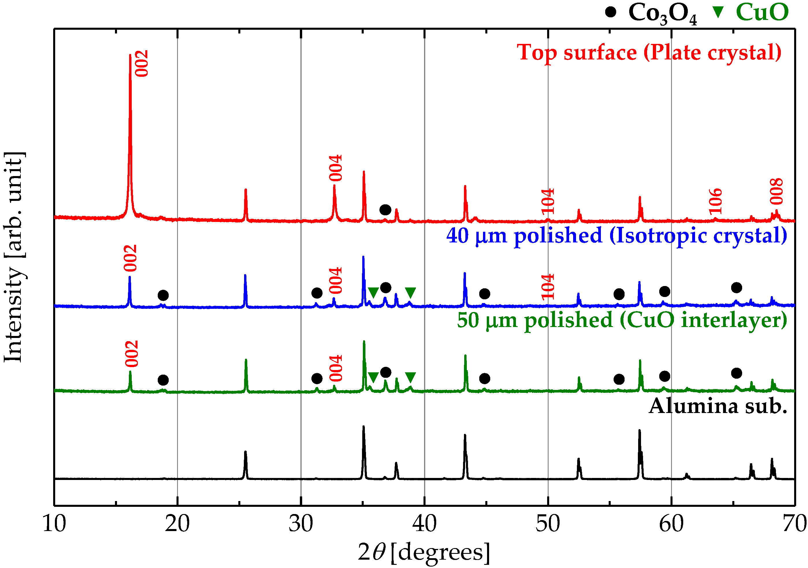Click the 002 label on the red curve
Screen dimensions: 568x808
tap(142, 63)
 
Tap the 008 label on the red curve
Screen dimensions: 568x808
tap(776, 191)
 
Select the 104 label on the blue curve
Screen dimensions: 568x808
tap(548, 287)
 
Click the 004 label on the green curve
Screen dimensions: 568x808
tap(336, 368)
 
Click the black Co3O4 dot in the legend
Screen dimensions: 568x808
tap(611, 12)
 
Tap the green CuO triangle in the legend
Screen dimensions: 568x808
tap(718, 12)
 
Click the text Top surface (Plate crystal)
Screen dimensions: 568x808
tap(649, 53)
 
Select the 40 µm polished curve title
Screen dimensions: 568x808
tap(616, 236)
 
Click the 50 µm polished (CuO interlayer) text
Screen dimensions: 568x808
tap(622, 320)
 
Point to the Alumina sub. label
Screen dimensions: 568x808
tap(718, 406)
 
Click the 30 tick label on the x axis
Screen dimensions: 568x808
tap(301, 524)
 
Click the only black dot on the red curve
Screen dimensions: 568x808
tap(385, 210)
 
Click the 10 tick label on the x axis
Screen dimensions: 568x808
tap(54, 524)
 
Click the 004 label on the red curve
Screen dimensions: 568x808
tap(335, 168)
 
